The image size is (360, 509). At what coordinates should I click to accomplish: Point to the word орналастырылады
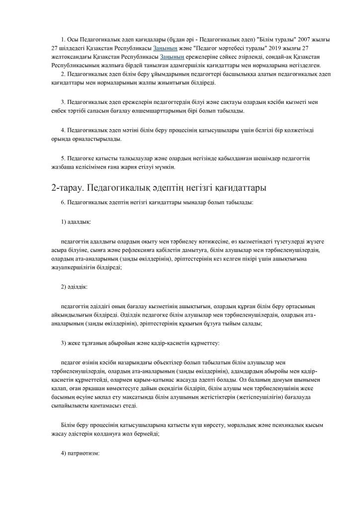(93, 139)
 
